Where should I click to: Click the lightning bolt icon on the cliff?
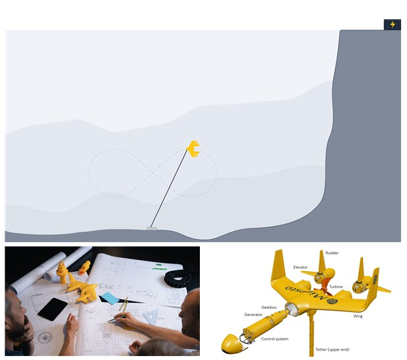point(393,24)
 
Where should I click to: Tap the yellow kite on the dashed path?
point(193,149)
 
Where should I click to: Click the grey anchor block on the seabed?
point(151,228)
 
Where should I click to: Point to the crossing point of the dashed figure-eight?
point(153,172)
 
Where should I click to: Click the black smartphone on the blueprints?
point(53,309)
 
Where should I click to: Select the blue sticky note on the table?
point(109,298)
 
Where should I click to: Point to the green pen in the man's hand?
point(116,319)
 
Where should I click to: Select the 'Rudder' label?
point(332,253)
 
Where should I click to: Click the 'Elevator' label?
point(300,267)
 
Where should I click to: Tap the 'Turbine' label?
point(336,286)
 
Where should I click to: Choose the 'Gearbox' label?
point(269,307)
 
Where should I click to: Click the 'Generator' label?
point(253,315)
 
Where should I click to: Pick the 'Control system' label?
point(275,339)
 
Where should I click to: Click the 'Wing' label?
point(358,316)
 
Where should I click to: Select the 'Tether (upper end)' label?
point(332,349)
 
